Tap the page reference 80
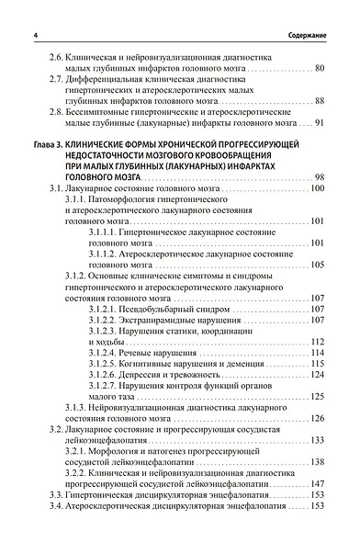(x=319, y=69)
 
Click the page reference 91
(x=319, y=121)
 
